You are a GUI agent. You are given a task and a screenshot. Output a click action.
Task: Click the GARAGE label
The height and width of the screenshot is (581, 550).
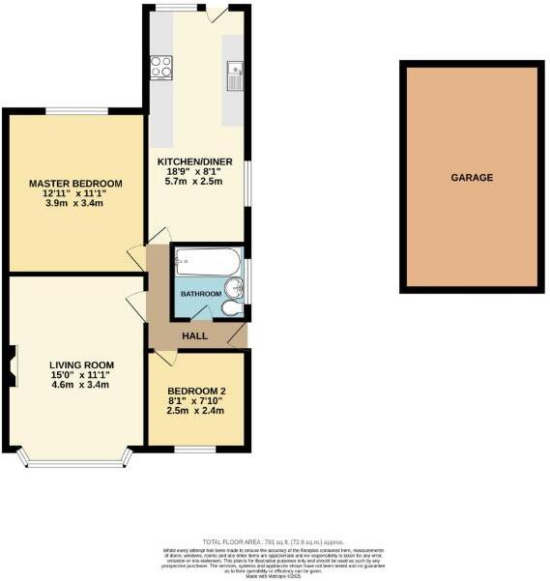[x=472, y=177]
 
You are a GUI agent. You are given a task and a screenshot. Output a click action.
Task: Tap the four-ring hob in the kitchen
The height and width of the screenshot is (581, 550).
[x=160, y=67]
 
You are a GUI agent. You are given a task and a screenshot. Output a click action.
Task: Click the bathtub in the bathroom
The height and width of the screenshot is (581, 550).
[x=207, y=261]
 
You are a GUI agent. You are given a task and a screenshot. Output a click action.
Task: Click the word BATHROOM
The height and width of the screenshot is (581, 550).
[x=201, y=294]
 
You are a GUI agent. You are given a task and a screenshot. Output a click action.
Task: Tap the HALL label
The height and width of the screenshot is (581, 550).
[x=195, y=335]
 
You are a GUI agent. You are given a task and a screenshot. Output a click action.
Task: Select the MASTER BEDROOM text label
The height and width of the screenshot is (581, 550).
[x=75, y=184]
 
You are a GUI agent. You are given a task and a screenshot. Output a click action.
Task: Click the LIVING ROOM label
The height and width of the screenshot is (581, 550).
[x=80, y=365]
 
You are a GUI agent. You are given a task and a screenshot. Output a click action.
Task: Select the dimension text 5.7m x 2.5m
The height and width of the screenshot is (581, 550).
[x=194, y=182]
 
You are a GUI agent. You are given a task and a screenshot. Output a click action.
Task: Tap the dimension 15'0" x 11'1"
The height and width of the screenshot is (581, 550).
[x=80, y=375]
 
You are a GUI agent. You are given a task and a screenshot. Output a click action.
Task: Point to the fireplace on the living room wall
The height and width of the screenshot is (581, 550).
[x=11, y=366]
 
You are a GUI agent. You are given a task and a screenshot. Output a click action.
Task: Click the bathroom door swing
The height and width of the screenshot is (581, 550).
[x=203, y=312]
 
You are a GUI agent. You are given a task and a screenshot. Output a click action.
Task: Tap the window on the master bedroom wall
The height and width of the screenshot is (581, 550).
[x=70, y=109]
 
